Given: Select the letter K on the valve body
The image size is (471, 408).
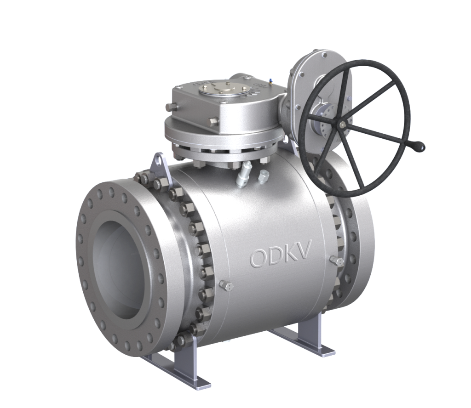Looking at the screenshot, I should (290, 254).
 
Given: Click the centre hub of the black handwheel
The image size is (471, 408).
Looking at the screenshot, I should (343, 125).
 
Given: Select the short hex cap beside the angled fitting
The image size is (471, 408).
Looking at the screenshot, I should (264, 175).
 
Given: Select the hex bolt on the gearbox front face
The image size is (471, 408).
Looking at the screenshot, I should (213, 122).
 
